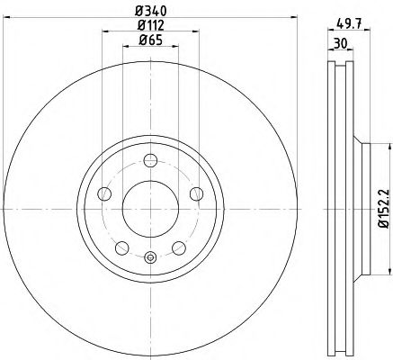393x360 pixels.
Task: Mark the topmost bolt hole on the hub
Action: pos(149,163)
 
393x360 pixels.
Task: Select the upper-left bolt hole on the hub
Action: pos(105,194)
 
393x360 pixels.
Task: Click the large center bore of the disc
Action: pos(149,209)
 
